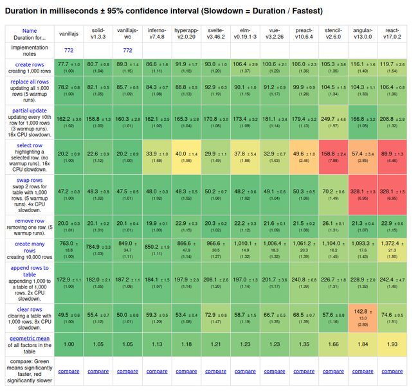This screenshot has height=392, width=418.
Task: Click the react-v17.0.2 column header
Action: [x=392, y=34]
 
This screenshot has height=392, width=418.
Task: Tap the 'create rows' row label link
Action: [x=30, y=65]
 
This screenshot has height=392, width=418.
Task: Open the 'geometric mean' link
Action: [x=30, y=337]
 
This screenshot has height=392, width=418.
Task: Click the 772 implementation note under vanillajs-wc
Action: [x=127, y=49]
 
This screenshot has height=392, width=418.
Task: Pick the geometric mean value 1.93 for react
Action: [x=392, y=344]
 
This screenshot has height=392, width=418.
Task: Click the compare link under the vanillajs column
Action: [x=68, y=371]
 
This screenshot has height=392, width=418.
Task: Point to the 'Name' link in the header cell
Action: [x=30, y=30]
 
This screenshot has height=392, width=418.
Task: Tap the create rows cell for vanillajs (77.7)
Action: [x=68, y=67]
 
